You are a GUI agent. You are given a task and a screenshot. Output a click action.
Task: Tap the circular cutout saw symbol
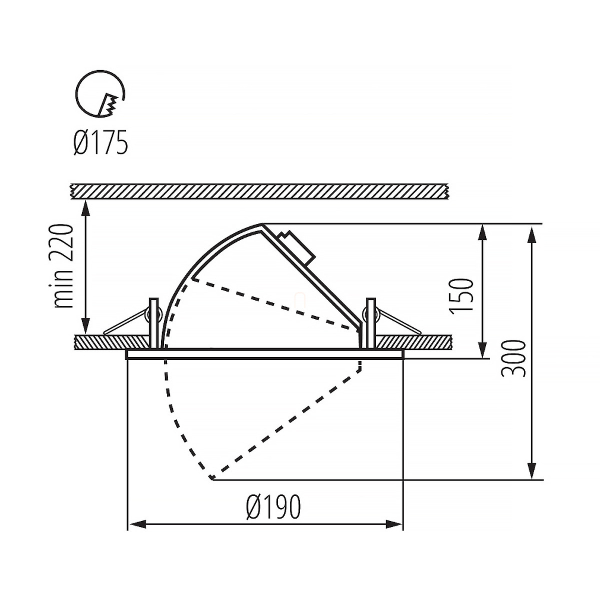[100, 94]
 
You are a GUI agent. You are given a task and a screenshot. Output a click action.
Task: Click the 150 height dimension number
[462, 296]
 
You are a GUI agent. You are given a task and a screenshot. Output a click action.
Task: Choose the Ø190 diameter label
[274, 507]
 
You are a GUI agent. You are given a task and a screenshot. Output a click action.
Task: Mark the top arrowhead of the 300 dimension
[531, 234]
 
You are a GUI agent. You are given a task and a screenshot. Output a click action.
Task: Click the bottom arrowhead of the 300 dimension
[531, 469]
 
